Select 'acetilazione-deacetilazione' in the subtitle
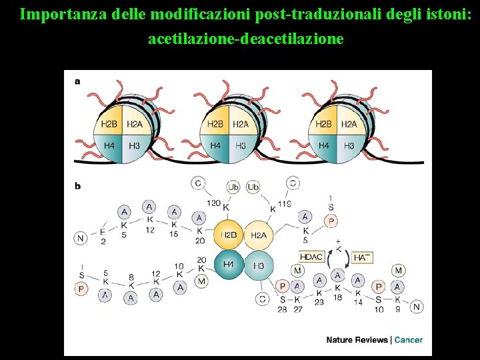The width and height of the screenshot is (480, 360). [246, 39]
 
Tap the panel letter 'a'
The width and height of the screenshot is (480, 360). [77, 81]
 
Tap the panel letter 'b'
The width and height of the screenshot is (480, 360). [77, 186]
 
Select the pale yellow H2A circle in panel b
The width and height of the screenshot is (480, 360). [259, 235]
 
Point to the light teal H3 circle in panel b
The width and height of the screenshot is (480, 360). [259, 265]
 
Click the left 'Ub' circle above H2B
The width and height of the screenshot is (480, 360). [233, 187]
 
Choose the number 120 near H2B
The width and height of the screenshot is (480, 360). [213, 203]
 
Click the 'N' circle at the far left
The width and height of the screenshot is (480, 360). [81, 238]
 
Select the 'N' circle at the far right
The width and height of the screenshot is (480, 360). [417, 307]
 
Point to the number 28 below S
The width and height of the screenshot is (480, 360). [282, 309]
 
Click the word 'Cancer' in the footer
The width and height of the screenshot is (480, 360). [408, 340]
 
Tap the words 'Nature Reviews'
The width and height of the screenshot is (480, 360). [357, 340]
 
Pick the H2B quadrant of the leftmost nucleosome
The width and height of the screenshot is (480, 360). [109, 124]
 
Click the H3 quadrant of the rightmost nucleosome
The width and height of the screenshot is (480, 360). [349, 145]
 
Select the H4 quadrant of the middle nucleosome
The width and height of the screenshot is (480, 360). [215, 145]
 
